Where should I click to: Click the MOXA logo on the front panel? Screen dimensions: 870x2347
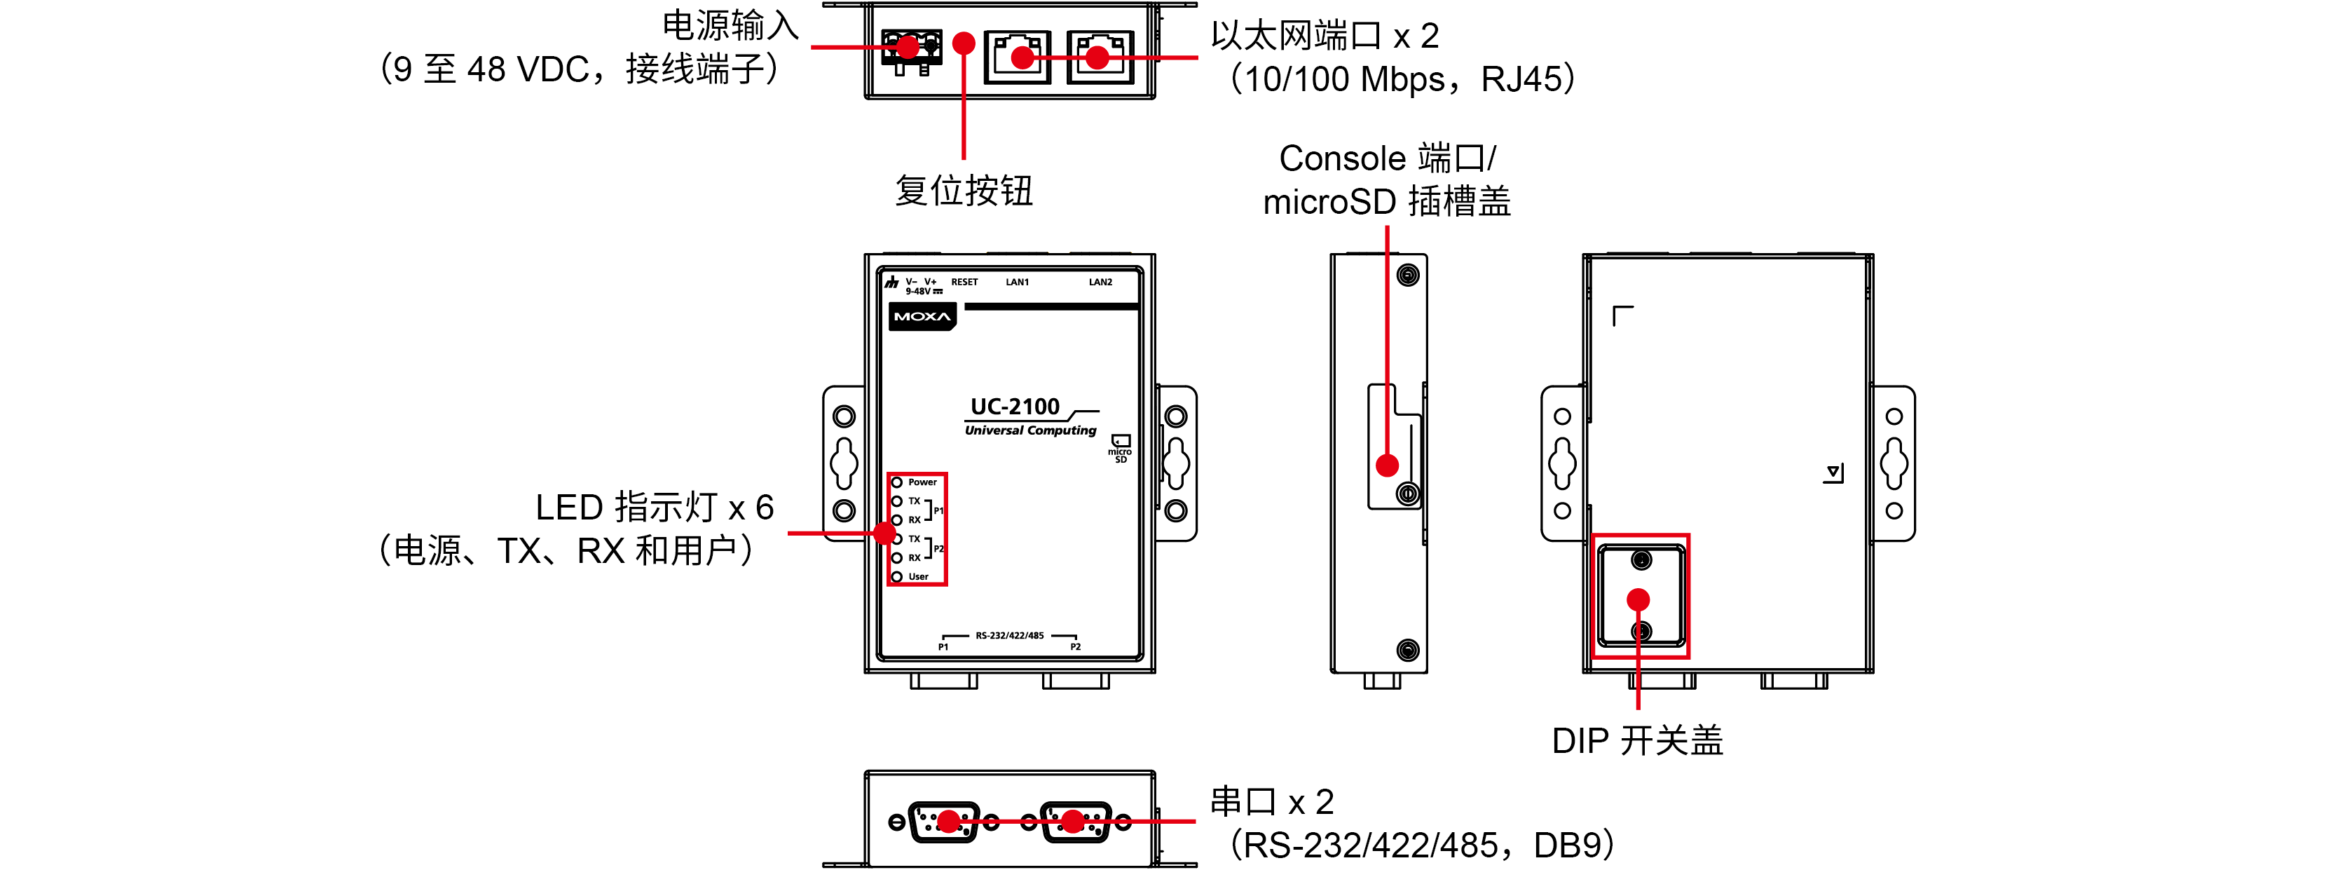pos(922,317)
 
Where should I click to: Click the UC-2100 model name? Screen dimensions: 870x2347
pos(1014,407)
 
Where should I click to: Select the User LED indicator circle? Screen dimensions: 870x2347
pos(896,577)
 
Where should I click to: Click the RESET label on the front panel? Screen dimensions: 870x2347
pos(964,283)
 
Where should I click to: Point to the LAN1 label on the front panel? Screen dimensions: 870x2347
pos(1017,283)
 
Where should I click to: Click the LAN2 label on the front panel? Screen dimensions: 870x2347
pos(1100,283)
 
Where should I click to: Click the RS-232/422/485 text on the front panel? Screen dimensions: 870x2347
pos(1009,636)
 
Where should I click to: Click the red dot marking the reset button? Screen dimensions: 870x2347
pos(963,43)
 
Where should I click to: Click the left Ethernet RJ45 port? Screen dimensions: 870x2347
pos(1018,57)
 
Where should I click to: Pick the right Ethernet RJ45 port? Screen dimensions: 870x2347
pos(1100,57)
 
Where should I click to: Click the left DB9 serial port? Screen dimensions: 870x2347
pos(945,822)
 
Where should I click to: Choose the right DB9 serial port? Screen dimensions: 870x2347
pos(1076,822)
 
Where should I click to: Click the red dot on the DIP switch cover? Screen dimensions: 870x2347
pos(1638,599)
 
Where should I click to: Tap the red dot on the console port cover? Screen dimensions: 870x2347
pos(1387,466)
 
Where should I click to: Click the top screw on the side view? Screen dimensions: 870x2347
pos(1408,275)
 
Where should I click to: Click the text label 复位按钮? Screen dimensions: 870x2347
pos(963,191)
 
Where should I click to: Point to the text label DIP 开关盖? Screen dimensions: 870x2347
pos(1637,740)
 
